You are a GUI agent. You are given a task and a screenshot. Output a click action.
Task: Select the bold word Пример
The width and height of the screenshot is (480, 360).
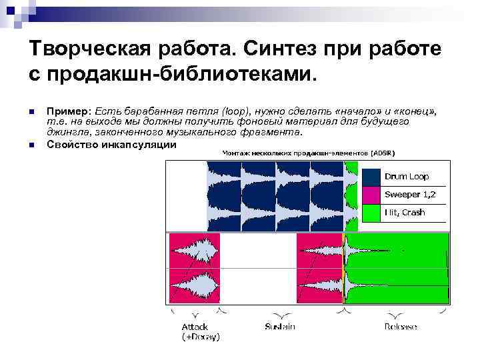pos(69,109)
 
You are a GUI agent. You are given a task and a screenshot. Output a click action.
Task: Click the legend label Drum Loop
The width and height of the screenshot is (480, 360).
pos(407,177)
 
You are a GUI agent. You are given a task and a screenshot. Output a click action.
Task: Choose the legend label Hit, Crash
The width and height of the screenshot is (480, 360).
pos(404,213)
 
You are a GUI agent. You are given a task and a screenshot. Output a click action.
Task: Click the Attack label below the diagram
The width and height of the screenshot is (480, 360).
pos(195,327)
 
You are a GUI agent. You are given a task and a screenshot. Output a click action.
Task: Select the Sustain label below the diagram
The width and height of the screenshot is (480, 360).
pos(280,327)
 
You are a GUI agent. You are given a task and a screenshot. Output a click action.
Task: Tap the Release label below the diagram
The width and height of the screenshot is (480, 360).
pos(401,327)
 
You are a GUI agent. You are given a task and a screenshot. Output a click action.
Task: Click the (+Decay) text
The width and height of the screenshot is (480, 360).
pos(201,337)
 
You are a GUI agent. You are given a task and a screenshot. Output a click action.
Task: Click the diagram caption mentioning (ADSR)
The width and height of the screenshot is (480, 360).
pos(308,153)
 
